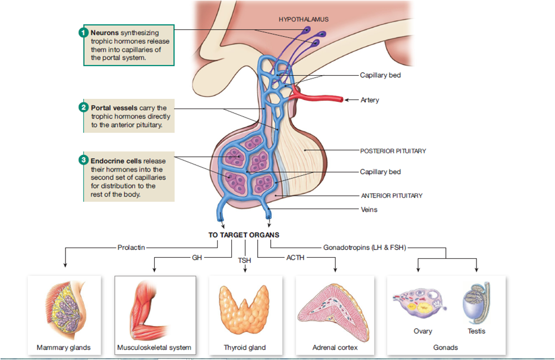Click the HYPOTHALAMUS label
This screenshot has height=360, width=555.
(x=303, y=19)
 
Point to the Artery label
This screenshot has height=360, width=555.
(x=370, y=100)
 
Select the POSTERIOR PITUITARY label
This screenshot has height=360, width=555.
(x=393, y=151)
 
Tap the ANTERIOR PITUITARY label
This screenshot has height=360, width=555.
(x=392, y=196)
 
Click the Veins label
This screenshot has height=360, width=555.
(x=369, y=210)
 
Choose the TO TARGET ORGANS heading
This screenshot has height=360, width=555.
(x=244, y=235)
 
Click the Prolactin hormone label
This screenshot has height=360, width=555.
(x=132, y=248)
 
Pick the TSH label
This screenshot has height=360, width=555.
(x=245, y=261)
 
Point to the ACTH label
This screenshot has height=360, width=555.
(x=296, y=258)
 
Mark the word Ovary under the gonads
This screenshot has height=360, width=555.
(x=422, y=331)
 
